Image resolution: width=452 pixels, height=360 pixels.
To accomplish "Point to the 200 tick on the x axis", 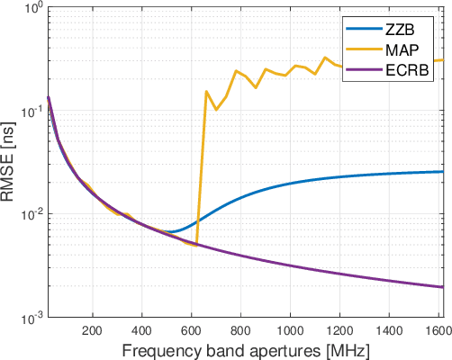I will [x=92, y=330].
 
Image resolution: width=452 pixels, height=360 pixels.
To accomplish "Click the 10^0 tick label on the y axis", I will [x=27, y=10].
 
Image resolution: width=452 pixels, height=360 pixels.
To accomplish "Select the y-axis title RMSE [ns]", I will [x=9, y=163].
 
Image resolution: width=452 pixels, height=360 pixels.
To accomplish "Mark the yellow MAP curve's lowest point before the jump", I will [x=196, y=245].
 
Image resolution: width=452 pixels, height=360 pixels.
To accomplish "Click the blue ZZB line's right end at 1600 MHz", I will [x=443, y=171].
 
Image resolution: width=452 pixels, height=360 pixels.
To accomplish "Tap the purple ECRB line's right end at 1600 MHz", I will [x=443, y=287].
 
